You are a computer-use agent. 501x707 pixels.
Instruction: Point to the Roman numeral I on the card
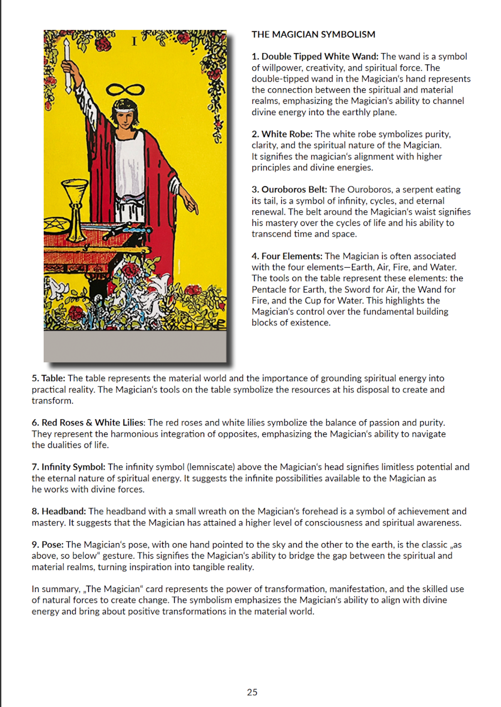134,41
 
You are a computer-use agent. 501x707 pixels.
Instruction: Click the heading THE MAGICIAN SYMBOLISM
313,34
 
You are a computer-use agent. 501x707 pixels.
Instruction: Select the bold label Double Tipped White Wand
319,56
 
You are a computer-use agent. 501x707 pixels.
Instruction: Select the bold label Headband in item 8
63,511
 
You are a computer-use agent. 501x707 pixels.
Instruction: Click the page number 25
252,692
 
